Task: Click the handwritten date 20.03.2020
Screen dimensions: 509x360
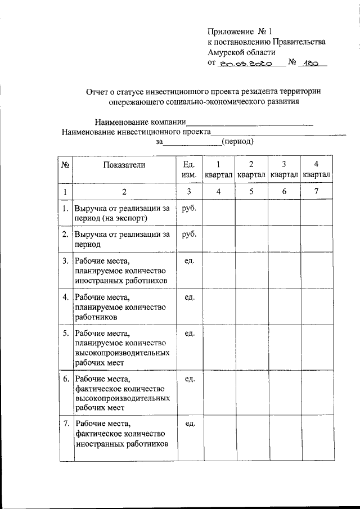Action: pos(246,64)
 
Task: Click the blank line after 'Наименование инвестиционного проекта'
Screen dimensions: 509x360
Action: pos(278,132)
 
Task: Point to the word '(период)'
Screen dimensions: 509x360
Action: pos(238,142)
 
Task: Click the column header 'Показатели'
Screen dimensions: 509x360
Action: pos(124,164)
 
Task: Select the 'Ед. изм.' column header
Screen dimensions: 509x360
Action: pos(189,169)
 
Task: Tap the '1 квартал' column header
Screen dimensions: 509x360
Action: pos(219,169)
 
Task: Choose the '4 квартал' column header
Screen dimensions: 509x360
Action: pos(316,169)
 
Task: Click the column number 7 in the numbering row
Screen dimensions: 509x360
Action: pos(316,192)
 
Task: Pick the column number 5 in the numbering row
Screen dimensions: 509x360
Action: pos(251,192)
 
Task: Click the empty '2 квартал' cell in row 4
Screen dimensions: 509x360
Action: pos(251,307)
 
